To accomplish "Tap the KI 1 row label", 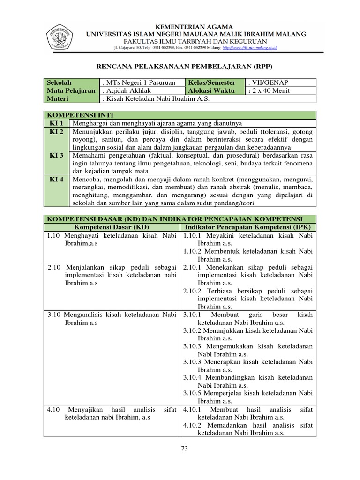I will tap(56, 123).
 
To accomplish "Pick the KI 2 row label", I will tap(56, 132).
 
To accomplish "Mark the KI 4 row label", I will tap(56, 179).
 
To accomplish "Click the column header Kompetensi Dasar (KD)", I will tap(112, 226).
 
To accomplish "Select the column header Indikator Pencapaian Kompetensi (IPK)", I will tap(249, 226).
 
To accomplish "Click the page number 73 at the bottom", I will tap(184, 449).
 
